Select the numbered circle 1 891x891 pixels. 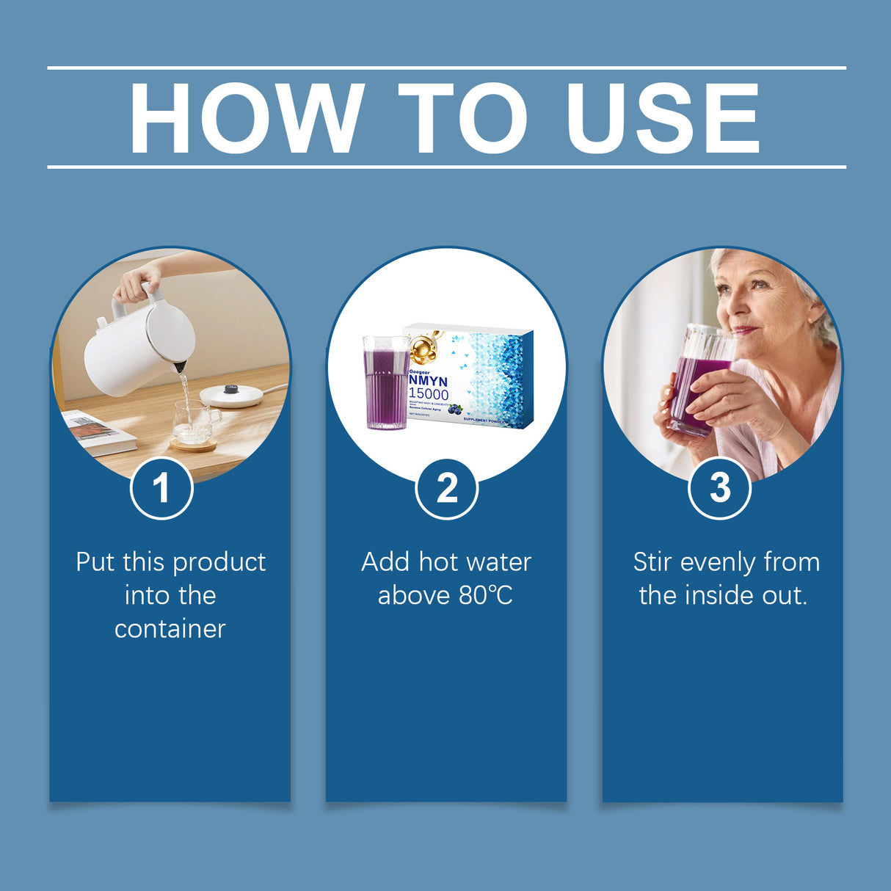point(161,488)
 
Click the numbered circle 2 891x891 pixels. point(446,488)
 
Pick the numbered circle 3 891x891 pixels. point(720,488)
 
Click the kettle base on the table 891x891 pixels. point(233,395)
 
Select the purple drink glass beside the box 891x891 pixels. point(386,383)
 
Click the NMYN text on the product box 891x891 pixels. point(429,382)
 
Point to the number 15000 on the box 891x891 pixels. point(429,395)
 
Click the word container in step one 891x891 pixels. point(170,629)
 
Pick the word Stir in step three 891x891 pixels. point(652,562)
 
